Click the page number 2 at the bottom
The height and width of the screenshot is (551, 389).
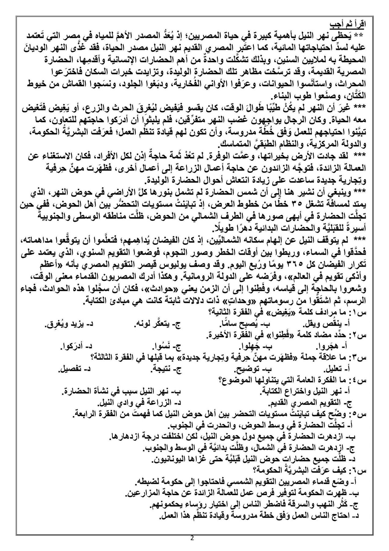click(x=192, y=538)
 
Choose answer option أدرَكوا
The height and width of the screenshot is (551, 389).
click(x=73, y=347)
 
